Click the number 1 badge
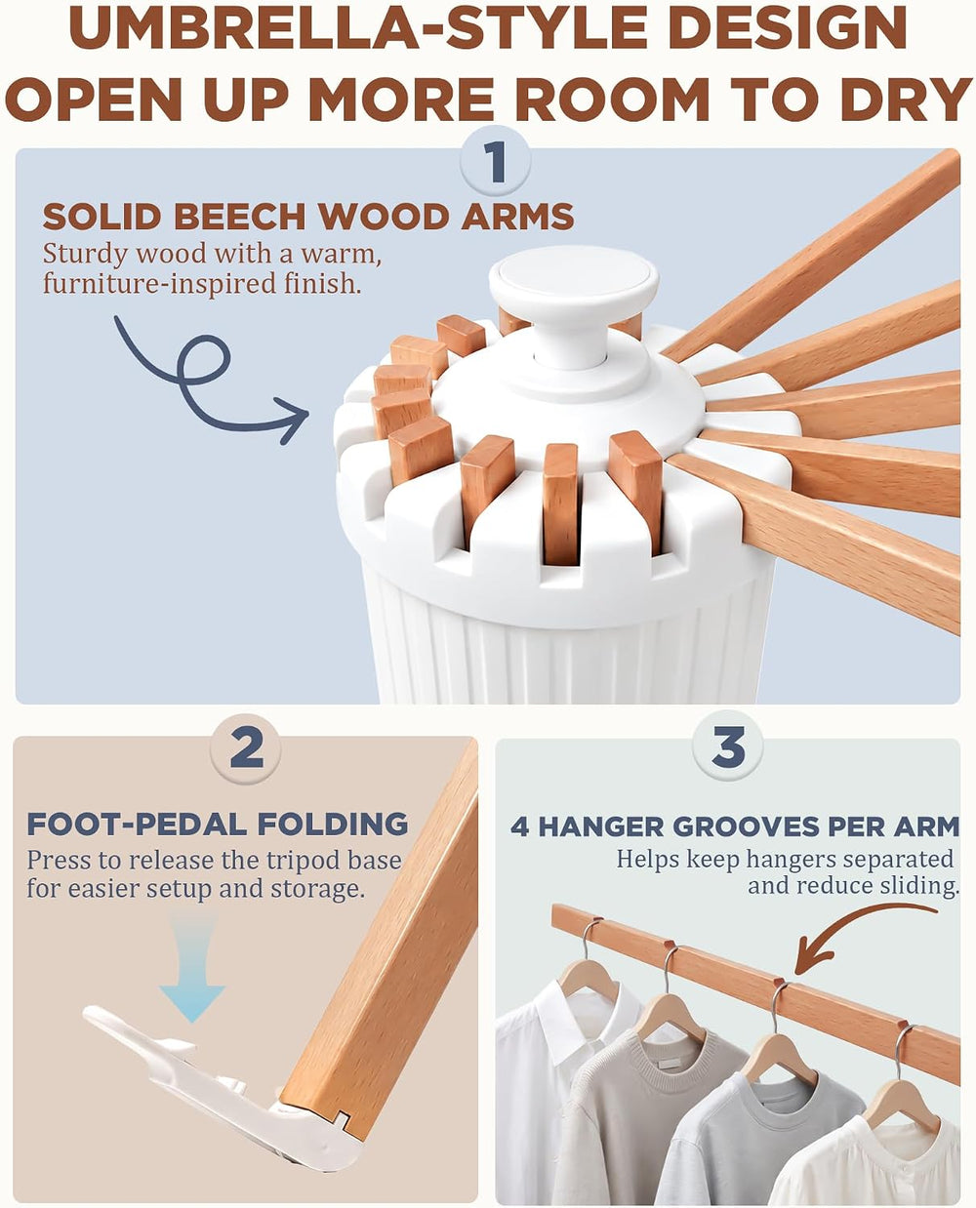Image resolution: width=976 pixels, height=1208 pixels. point(495,163)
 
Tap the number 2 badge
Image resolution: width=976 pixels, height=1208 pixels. point(245,749)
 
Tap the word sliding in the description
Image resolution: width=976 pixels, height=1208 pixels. point(918,886)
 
